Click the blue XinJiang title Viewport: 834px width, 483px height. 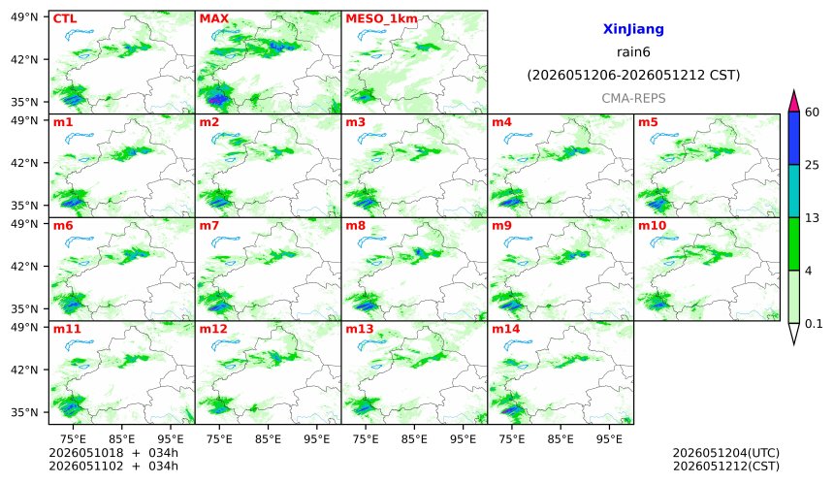633,29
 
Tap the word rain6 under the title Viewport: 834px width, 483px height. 633,52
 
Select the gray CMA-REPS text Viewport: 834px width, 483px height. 633,98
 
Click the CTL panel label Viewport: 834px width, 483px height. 65,18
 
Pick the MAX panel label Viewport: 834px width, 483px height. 213,18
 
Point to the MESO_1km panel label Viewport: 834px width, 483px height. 381,19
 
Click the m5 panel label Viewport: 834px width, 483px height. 648,122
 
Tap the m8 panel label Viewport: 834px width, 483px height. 356,226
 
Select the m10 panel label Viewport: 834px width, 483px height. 652,226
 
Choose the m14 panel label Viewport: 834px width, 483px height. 506,329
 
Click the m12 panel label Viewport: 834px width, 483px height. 213,329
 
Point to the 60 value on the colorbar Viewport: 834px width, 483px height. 812,113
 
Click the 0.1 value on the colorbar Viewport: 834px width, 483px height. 814,323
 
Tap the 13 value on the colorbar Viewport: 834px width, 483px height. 812,218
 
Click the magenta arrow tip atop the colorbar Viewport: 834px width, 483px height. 793,91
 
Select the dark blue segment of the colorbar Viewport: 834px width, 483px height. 793,139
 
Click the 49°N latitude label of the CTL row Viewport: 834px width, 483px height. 24,17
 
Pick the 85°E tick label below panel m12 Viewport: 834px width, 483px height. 268,439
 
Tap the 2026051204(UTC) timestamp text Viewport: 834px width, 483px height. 726,453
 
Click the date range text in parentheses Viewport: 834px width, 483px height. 633,76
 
